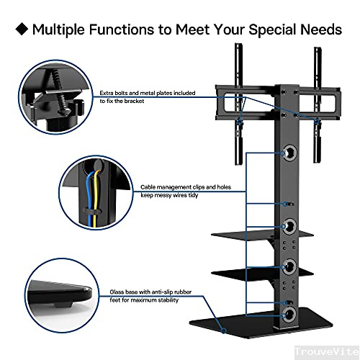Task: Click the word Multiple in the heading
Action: point(61,30)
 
